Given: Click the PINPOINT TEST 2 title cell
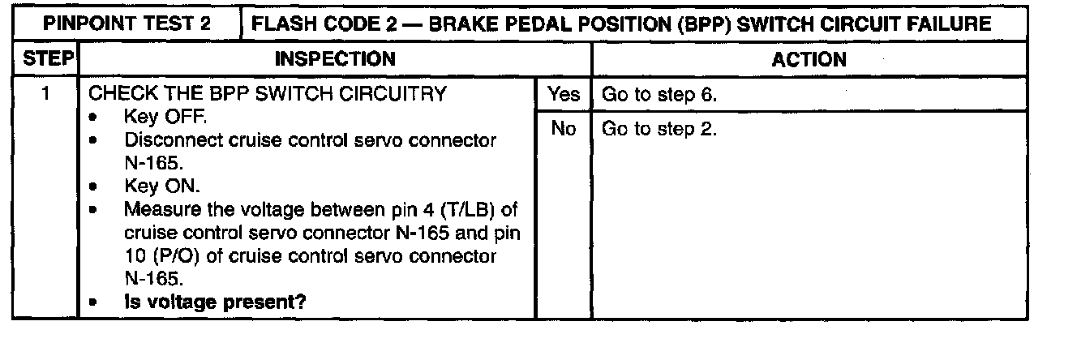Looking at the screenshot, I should click(x=127, y=24).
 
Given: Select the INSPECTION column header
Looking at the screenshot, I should click(x=335, y=59).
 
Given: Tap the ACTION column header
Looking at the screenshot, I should click(x=809, y=59).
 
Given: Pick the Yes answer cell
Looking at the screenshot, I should click(x=564, y=95).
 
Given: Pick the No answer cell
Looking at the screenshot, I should click(x=564, y=129).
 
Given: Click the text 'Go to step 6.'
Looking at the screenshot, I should click(x=657, y=95).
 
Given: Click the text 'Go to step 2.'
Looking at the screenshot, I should click(x=657, y=129).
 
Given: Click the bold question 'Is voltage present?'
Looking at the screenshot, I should click(x=215, y=304).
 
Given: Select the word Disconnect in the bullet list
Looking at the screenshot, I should click(x=167, y=140).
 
